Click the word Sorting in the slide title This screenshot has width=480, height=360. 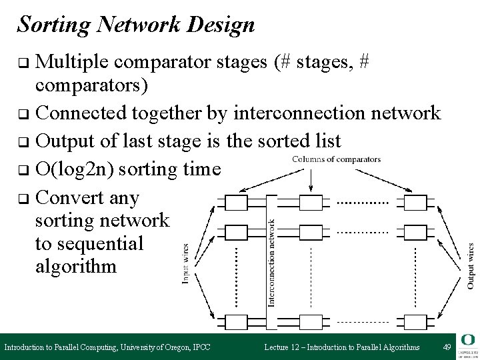tap(54, 25)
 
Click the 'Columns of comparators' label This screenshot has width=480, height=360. tap(337, 159)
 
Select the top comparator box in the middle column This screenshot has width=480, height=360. tap(311, 201)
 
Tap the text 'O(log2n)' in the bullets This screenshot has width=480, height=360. tap(73, 169)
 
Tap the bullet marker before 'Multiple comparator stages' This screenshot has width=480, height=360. tap(23, 65)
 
